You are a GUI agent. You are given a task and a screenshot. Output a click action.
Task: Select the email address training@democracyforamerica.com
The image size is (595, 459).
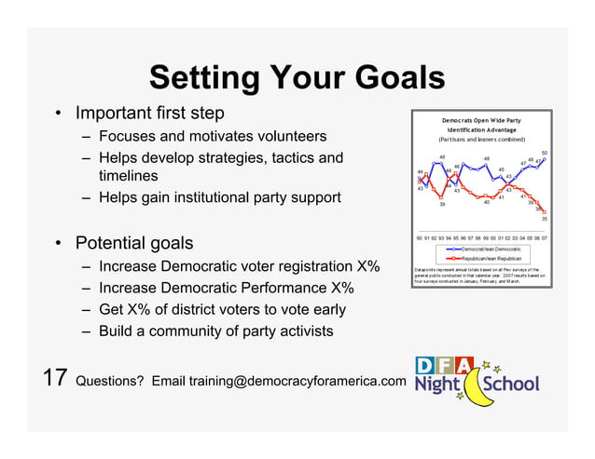[x=297, y=382]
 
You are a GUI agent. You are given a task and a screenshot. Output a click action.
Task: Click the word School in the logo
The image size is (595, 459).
[x=511, y=384]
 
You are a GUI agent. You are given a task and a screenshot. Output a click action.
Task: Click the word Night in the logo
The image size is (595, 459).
[x=437, y=385]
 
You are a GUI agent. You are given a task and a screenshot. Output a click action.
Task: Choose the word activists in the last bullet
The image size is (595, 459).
[x=300, y=331]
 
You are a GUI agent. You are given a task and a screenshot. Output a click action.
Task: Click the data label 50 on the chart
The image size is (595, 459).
[x=545, y=153]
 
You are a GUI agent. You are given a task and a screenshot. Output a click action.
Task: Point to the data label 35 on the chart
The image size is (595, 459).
[x=545, y=219]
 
